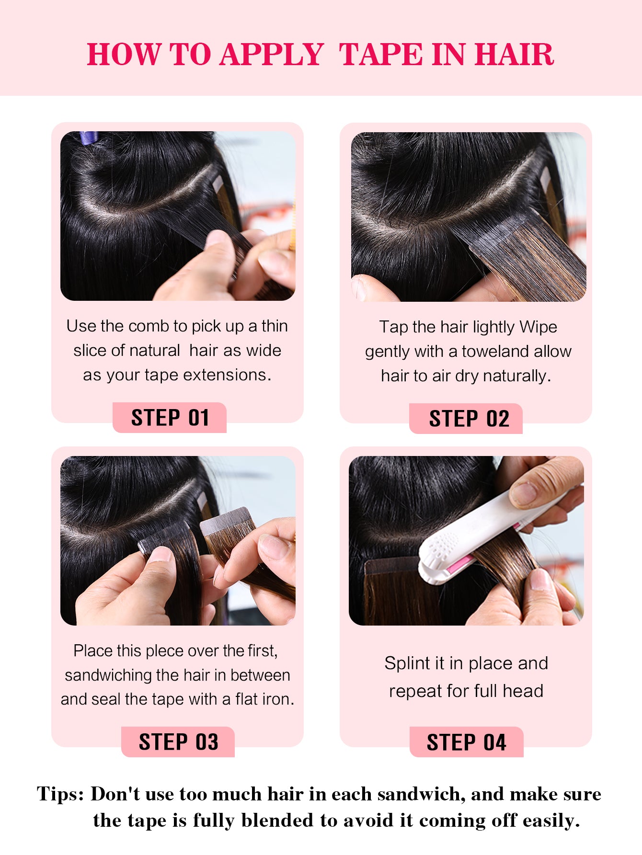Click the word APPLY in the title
(x=272, y=54)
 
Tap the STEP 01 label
(x=170, y=418)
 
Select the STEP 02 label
(x=469, y=419)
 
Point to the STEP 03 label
(x=178, y=742)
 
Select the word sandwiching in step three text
(x=108, y=675)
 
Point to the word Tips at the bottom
(x=61, y=794)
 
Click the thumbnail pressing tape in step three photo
(x=160, y=554)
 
